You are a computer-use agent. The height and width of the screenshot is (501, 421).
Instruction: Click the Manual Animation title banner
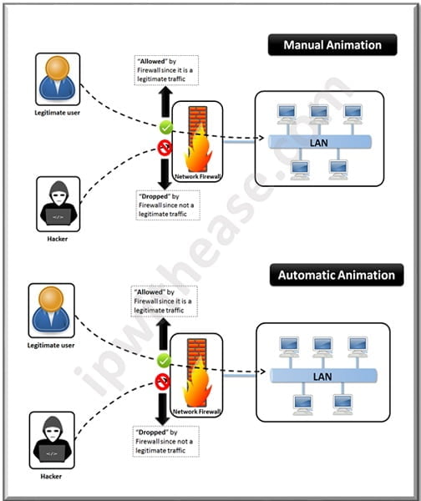pos(332,45)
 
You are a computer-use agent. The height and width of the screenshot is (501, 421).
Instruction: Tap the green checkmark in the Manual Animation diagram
pos(166,129)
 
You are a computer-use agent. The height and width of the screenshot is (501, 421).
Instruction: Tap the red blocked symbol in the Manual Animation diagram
pos(166,148)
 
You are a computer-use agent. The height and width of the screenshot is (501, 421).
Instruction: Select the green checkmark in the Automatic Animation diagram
pos(164,360)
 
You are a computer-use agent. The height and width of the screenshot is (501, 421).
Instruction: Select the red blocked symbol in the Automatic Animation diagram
pos(164,380)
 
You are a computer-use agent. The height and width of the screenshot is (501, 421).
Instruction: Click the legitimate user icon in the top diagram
pos(58,79)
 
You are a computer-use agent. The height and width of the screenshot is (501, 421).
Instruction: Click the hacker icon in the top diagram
pos(58,202)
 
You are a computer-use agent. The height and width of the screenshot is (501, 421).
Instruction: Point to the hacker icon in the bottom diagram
pos(51,436)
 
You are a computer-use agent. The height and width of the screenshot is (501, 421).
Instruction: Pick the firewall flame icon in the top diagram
pos(197,138)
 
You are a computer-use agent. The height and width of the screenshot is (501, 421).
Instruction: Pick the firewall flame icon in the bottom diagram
pos(195,370)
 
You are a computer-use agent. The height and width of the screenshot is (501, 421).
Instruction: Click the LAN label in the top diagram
pos(319,143)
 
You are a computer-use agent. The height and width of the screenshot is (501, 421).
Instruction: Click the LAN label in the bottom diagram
pos(322,377)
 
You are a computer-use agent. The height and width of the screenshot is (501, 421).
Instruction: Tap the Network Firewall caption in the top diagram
pos(197,177)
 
